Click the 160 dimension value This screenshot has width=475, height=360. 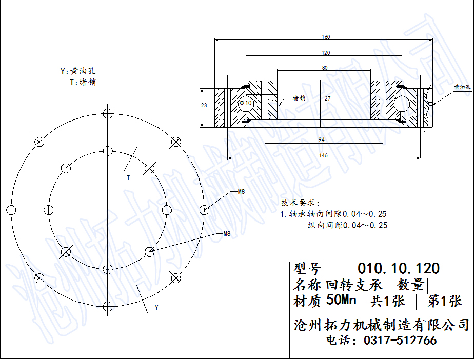[326, 37]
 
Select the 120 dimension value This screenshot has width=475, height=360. [326, 53]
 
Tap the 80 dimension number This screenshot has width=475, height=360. [325, 68]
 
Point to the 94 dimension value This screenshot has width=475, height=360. [322, 139]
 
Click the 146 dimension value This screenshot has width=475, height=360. [323, 155]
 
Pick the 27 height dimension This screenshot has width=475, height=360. [327, 98]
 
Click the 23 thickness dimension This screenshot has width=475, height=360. [205, 105]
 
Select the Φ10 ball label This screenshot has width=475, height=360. [246, 103]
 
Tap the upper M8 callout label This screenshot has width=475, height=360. [241, 192]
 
